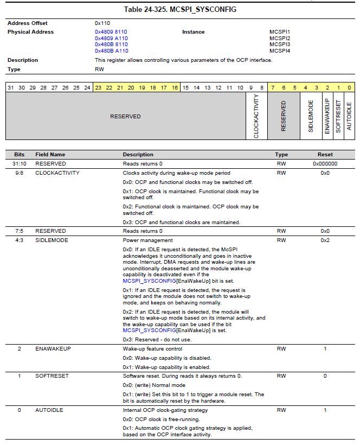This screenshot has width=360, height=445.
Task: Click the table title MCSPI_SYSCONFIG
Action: (x=180, y=10)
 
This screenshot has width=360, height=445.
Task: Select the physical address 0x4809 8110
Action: (x=111, y=32)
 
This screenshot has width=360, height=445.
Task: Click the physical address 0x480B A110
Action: (x=111, y=51)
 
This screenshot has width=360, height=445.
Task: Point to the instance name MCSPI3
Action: (x=280, y=44)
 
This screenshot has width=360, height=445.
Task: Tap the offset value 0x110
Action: (x=102, y=23)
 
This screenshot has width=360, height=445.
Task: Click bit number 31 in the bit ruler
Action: (x=10, y=87)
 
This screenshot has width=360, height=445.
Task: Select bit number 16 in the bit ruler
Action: (x=175, y=87)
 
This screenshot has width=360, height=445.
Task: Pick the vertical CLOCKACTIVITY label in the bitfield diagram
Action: (x=256, y=116)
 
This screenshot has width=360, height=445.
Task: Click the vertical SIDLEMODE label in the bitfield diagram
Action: (x=311, y=116)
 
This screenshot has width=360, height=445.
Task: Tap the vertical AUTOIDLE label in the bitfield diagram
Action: (x=349, y=116)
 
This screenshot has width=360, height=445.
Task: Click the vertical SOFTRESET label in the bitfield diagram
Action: (x=338, y=116)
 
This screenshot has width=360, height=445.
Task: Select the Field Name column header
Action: (x=50, y=155)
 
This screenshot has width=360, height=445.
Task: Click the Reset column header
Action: (x=325, y=155)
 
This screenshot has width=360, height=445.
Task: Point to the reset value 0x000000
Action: (x=325, y=163)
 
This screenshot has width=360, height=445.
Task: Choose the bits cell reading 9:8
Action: (x=20, y=173)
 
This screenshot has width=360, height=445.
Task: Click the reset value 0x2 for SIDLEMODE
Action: (x=325, y=240)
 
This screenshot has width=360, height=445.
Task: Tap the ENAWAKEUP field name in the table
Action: (x=53, y=349)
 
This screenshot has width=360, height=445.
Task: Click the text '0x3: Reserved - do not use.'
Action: (x=157, y=340)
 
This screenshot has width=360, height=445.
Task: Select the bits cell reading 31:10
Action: (x=20, y=163)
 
